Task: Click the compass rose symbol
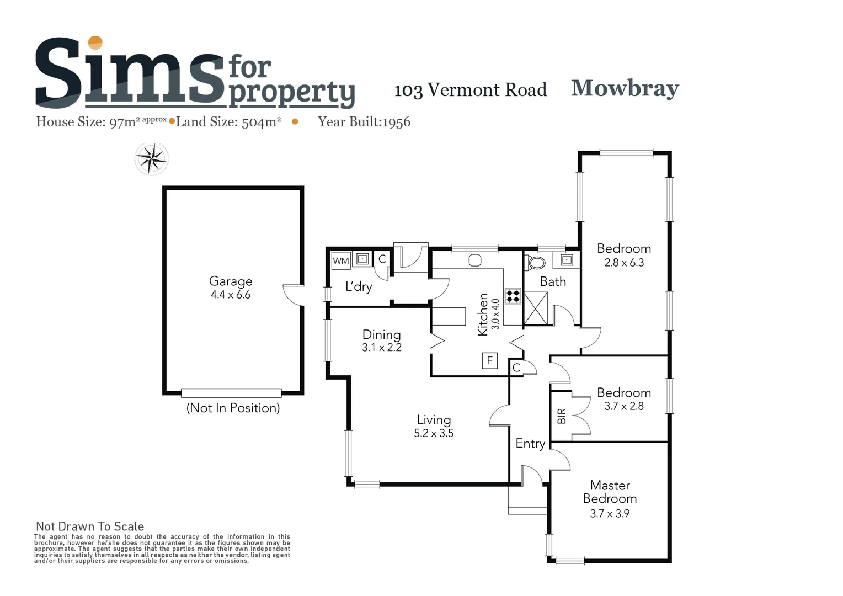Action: click(x=152, y=159)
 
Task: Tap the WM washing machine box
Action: click(x=341, y=260)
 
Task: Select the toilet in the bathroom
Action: click(x=535, y=262)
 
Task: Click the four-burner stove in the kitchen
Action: click(x=513, y=296)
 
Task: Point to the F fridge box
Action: click(x=489, y=361)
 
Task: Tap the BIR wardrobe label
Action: click(x=562, y=416)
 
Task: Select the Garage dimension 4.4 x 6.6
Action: click(x=231, y=295)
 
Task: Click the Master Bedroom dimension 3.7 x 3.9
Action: click(x=610, y=513)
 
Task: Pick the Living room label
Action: click(x=434, y=420)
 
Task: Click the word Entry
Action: click(x=530, y=444)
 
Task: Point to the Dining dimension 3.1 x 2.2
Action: click(x=382, y=348)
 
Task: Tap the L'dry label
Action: click(x=359, y=286)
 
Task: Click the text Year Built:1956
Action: click(x=364, y=122)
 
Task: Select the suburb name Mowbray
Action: click(x=625, y=88)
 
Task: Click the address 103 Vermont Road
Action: click(x=470, y=90)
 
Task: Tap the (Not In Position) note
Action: click(x=233, y=408)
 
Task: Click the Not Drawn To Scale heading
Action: click(x=90, y=526)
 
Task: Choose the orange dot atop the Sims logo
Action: click(x=95, y=42)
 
